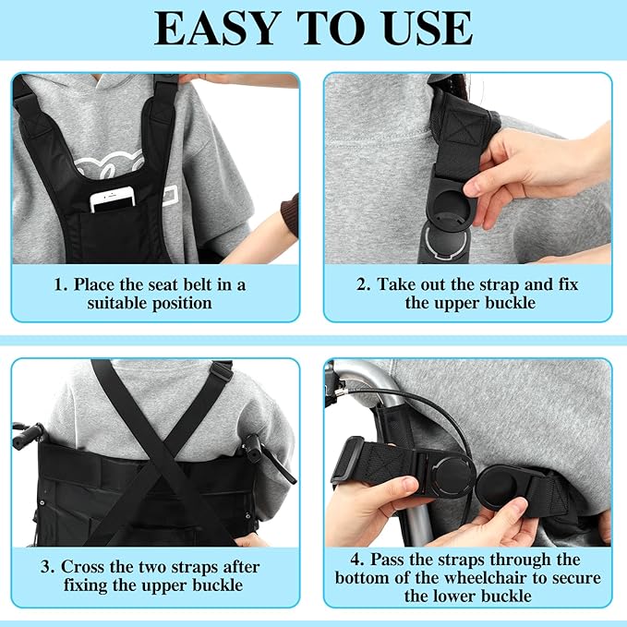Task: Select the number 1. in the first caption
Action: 61,285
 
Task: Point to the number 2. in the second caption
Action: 364,284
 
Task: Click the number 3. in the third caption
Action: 47,567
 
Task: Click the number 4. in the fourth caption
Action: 357,560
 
